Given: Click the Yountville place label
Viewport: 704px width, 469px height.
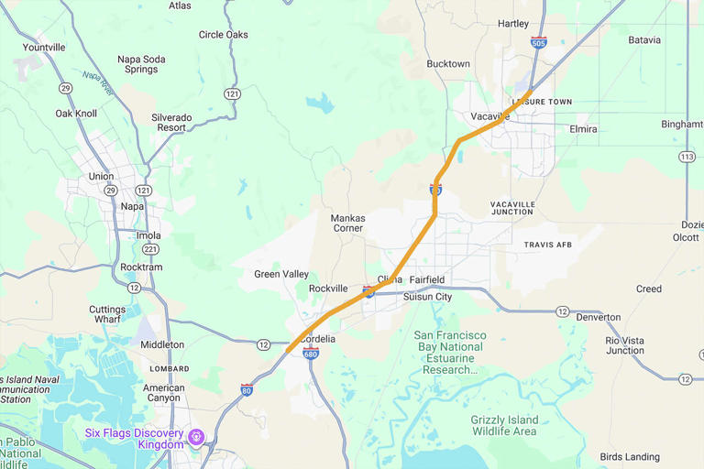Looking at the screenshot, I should click(44, 47).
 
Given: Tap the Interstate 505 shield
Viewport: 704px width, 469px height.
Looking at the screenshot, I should click(539, 42).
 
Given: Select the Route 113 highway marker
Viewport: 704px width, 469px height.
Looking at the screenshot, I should click(687, 157).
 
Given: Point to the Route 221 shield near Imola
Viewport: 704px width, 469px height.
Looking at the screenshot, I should click(150, 249).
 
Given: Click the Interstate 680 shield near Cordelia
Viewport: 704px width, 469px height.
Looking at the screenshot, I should click(311, 353).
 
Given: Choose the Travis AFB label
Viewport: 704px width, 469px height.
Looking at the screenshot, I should click(548, 245).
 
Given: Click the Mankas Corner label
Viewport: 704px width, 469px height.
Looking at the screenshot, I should click(347, 224).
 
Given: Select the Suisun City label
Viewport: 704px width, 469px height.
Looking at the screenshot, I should click(427, 297).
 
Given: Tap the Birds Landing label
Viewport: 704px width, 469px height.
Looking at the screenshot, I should click(630, 457).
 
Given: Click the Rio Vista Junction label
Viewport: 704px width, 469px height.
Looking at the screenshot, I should click(624, 345).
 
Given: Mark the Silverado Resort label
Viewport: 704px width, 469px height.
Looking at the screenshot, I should click(171, 123).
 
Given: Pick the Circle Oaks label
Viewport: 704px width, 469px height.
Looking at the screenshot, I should click(224, 35).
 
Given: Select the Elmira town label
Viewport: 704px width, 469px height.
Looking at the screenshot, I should click(583, 129).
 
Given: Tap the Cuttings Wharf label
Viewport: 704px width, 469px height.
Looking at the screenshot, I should click(107, 315).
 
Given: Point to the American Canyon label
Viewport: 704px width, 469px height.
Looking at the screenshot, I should click(163, 394).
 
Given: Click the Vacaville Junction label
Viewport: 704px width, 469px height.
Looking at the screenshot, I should click(511, 208).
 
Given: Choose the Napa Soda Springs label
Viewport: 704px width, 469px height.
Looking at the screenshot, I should click(141, 64).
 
